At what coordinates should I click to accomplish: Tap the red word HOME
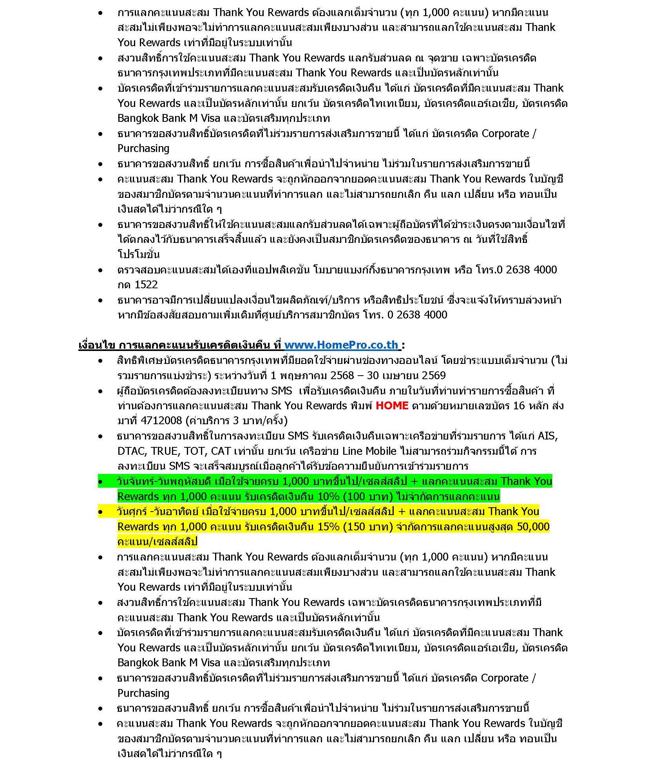point(392,405)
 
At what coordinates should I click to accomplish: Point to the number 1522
point(146,285)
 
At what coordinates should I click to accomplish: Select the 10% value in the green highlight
point(328,497)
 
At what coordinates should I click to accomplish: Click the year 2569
point(434,375)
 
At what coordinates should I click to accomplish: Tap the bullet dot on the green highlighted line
point(101,482)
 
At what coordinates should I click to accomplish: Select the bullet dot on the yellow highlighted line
point(101,512)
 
